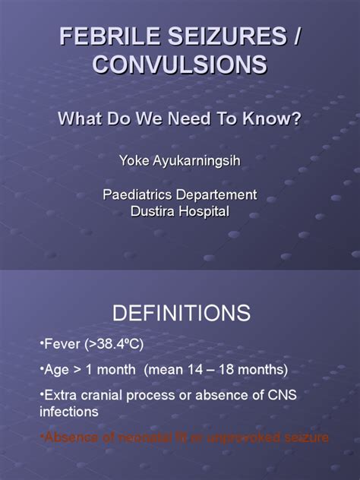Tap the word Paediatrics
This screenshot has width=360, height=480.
click(138, 195)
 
